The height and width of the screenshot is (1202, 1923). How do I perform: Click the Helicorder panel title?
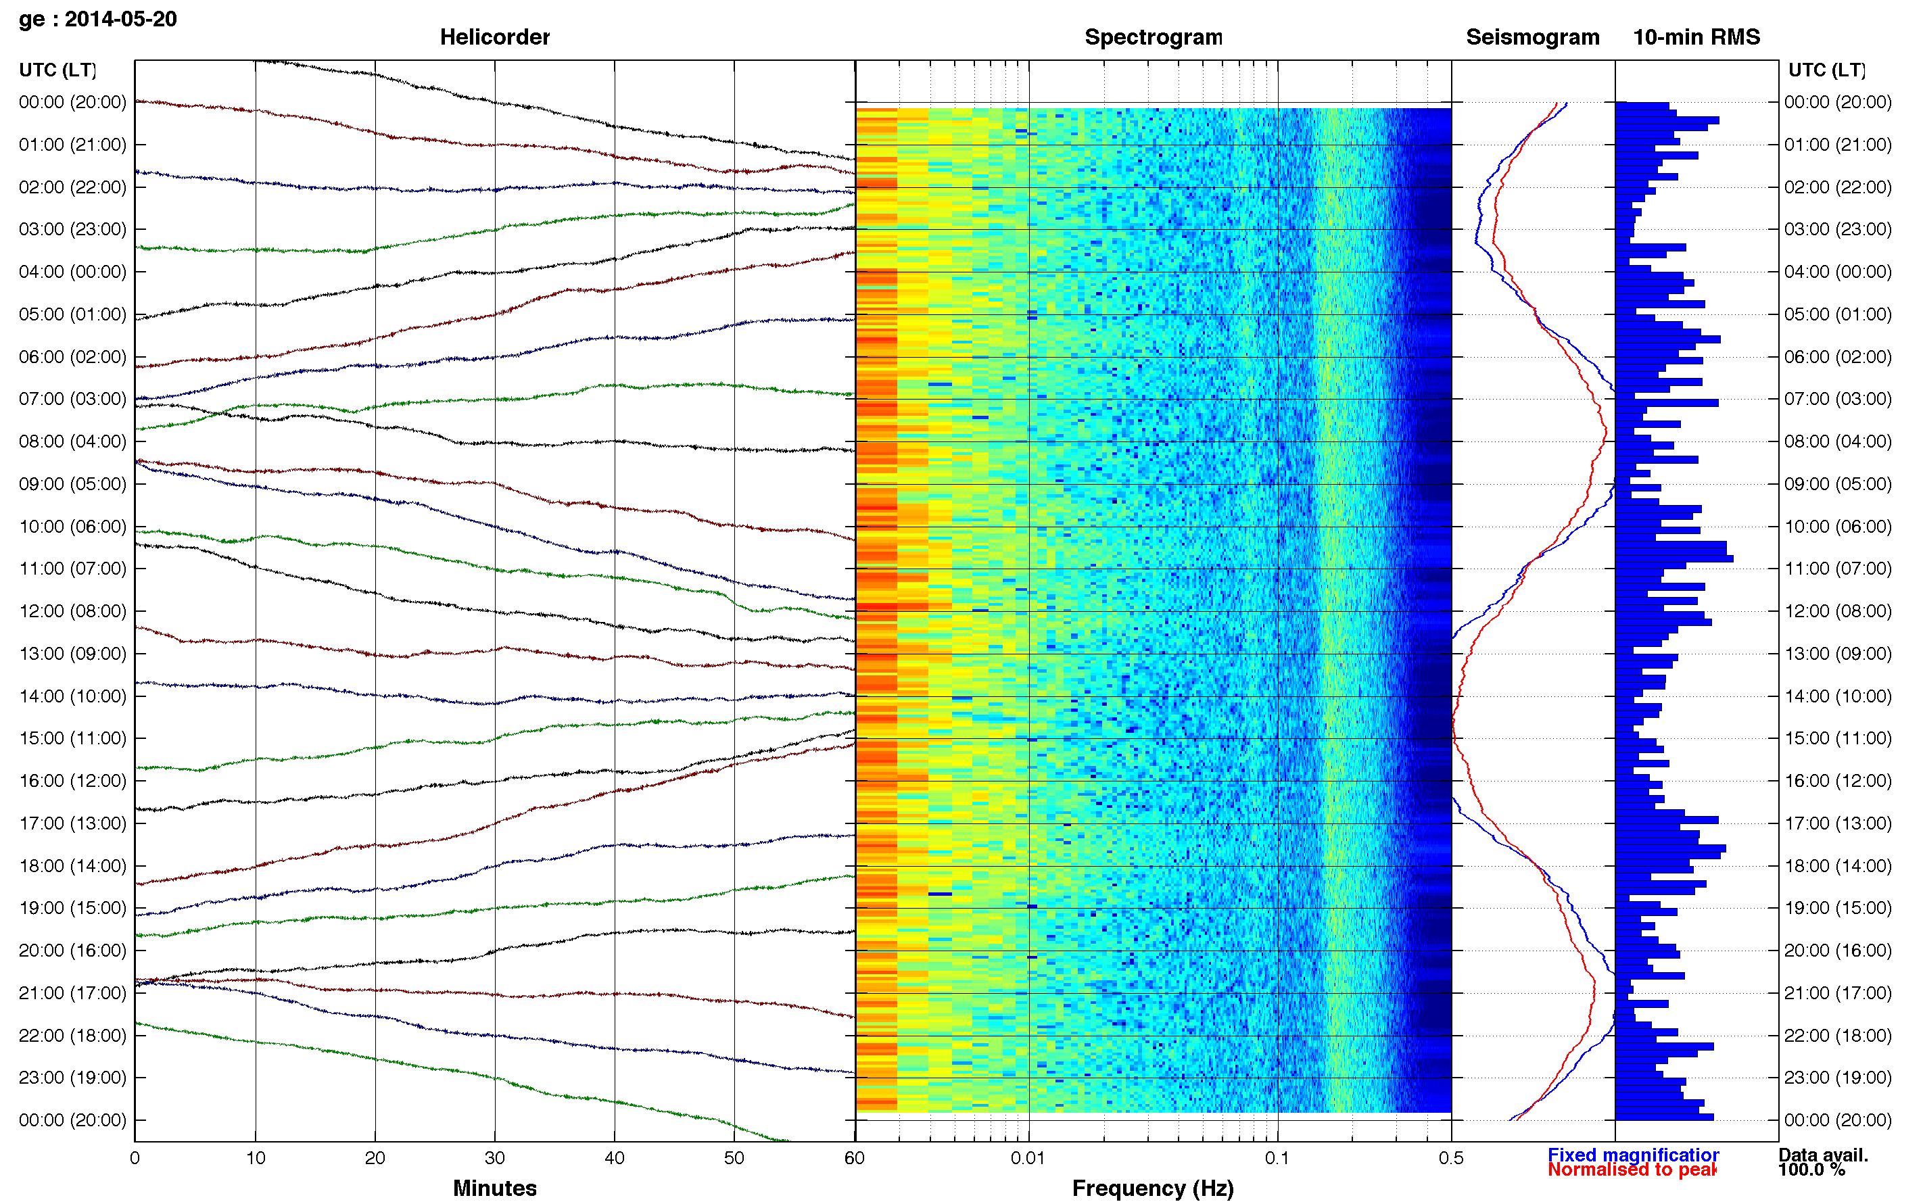[x=494, y=37]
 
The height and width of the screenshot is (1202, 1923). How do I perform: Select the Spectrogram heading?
[x=1153, y=37]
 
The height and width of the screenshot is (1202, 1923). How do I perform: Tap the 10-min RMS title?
[x=1696, y=37]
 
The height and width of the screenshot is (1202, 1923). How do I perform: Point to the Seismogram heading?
[x=1532, y=37]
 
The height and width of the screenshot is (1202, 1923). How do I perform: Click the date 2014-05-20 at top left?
[x=121, y=19]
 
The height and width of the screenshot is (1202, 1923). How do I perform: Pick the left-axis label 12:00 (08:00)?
[x=72, y=610]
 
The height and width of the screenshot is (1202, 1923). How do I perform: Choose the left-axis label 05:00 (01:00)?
[x=72, y=314]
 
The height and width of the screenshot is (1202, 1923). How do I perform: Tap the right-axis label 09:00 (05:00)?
[x=1837, y=483]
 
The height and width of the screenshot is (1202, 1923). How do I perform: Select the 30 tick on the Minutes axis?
[x=494, y=1157]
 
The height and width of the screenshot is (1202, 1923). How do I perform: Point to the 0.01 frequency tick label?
[x=1028, y=1157]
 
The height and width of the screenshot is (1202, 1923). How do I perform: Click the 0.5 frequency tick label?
[x=1451, y=1157]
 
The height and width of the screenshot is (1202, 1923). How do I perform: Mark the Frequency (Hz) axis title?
[x=1153, y=1188]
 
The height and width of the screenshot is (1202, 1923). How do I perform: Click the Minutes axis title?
[x=494, y=1188]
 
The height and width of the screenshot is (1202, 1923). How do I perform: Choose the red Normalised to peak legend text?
[x=1632, y=1170]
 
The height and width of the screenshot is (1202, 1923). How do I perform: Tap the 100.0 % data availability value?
[x=1811, y=1170]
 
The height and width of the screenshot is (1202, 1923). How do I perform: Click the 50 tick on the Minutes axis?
[x=734, y=1157]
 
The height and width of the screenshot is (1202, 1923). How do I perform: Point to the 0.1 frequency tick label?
[x=1277, y=1157]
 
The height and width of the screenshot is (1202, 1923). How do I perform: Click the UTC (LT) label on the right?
[x=1826, y=70]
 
